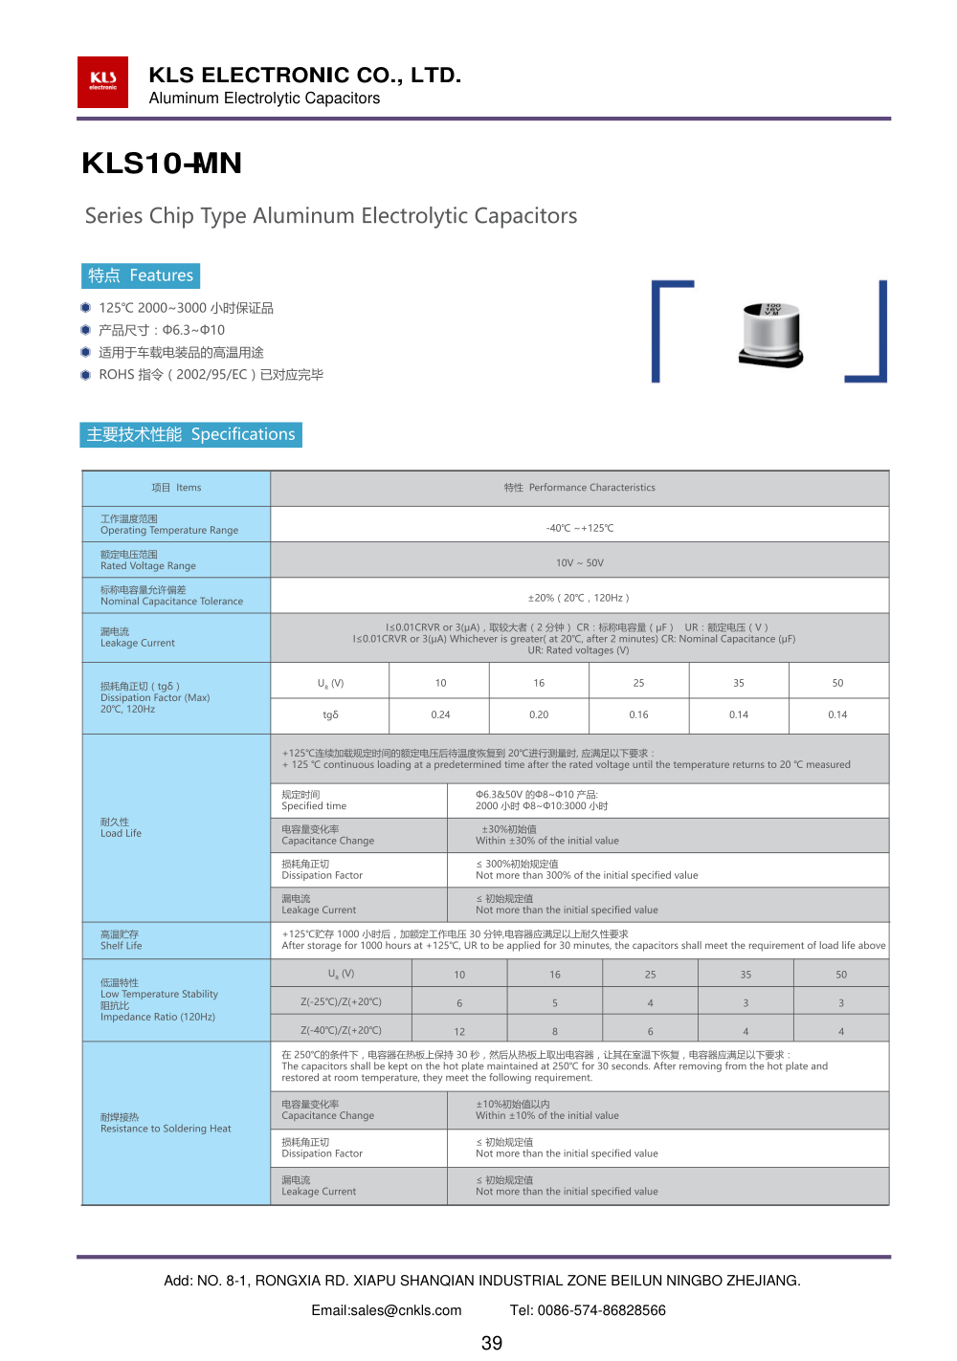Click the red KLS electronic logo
tap(102, 82)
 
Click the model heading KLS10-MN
tap(162, 164)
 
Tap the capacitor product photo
tap(771, 335)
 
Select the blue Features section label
tap(141, 275)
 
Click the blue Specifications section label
tap(191, 434)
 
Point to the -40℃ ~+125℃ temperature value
tap(579, 528)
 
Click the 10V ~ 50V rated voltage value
tap(579, 563)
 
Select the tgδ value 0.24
tap(440, 714)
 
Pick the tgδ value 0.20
tap(539, 714)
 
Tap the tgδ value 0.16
tap(638, 714)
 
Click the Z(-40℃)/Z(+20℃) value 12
tap(459, 1032)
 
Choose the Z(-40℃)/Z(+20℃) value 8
tap(555, 1032)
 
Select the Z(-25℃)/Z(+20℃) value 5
tap(555, 1003)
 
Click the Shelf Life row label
tap(122, 940)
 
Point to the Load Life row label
tap(122, 828)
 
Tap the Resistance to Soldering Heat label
tap(166, 1124)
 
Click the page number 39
tap(492, 1344)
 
